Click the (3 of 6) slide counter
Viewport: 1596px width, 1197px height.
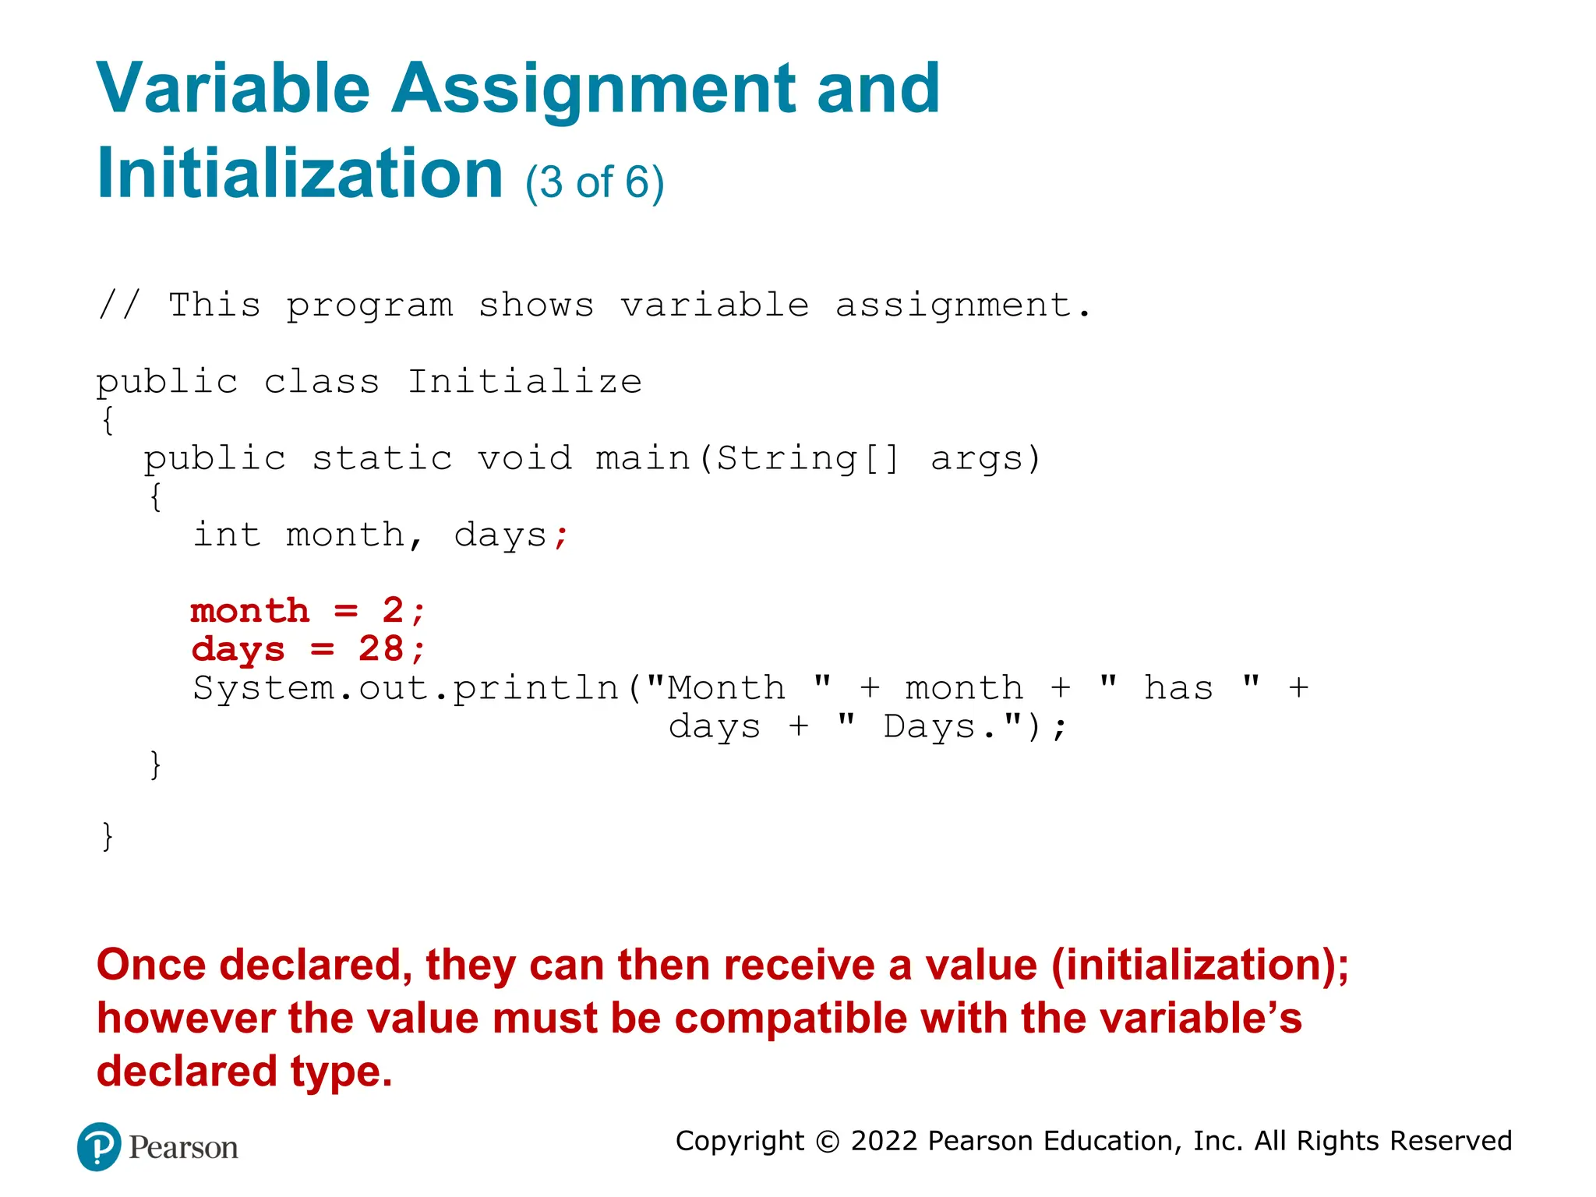pos(594,182)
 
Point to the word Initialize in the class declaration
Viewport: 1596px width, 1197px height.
pos(524,382)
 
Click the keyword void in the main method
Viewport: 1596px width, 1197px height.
pos(524,458)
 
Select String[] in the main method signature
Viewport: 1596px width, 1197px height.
pos(807,458)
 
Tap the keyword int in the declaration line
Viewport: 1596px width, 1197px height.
pos(226,535)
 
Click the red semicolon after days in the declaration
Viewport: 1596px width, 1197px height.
pos(561,536)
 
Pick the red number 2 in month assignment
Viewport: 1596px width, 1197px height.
pos(393,611)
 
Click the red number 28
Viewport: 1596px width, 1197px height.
pos(380,649)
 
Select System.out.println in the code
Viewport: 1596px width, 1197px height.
pos(405,689)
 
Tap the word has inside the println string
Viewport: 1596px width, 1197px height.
pos(1178,689)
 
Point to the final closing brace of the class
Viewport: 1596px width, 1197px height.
pos(108,837)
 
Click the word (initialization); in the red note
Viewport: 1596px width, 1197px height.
pos(1199,965)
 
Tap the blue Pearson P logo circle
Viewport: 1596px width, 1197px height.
pos(99,1146)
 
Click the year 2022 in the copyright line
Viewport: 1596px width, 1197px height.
pos(884,1141)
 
